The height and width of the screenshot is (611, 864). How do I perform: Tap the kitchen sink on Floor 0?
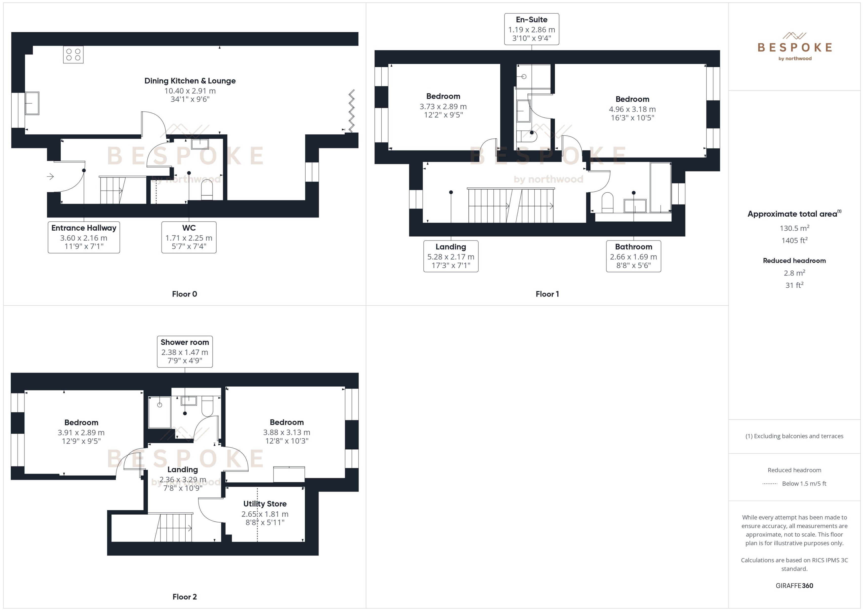coord(32,103)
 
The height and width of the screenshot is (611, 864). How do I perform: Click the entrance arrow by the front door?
coord(50,176)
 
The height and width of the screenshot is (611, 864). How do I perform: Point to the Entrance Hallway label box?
coord(84,237)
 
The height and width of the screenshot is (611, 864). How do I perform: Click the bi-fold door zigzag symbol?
coord(351,111)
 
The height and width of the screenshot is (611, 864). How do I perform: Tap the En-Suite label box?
coord(531,29)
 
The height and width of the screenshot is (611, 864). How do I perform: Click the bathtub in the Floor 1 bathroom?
coord(660,187)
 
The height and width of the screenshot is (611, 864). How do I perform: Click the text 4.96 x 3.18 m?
coord(632,109)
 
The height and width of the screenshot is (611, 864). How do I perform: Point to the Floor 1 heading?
coord(547,294)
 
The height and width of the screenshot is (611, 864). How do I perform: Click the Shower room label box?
coord(184,352)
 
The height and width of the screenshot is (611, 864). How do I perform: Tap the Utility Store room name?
coord(265,504)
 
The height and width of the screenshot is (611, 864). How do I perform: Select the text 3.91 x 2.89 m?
coord(81,433)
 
